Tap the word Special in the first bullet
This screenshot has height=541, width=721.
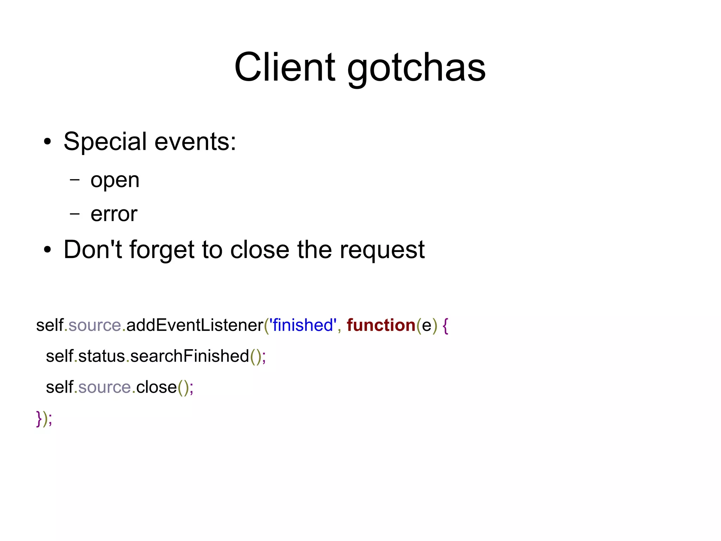pos(105,142)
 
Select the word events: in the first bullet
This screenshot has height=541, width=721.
pos(195,142)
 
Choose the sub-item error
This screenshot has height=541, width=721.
pos(114,214)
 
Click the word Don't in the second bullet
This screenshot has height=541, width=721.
pos(93,250)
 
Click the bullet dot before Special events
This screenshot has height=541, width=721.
pos(47,142)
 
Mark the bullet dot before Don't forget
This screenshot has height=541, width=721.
pos(47,250)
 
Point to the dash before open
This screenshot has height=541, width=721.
pos(75,179)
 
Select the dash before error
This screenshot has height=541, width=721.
pos(75,213)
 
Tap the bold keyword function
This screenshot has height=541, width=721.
pos(381,325)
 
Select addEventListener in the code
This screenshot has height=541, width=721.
pos(195,325)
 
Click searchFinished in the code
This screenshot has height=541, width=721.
pos(190,356)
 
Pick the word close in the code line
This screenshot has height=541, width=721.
pos(156,387)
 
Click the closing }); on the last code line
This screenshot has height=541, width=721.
pos(44,419)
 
